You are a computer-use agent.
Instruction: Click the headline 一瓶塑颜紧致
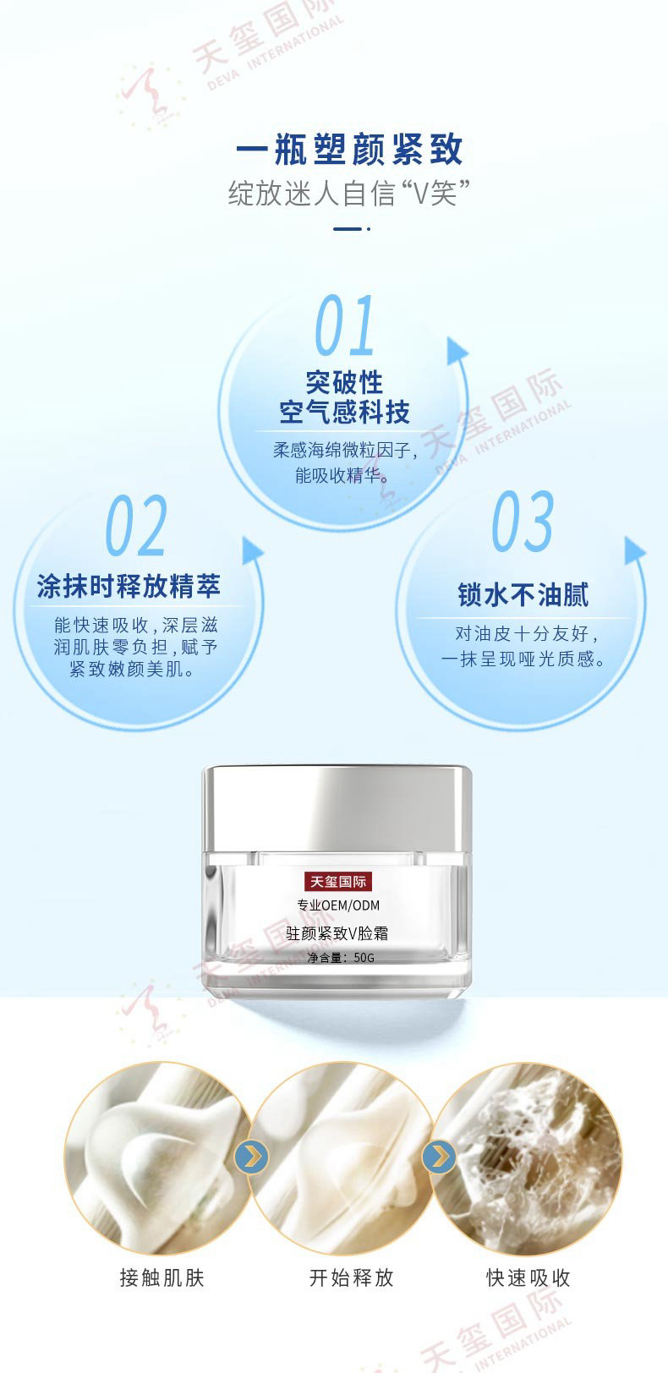pos(349,149)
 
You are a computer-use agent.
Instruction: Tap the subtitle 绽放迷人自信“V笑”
pos(349,194)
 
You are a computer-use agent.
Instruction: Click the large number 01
pos(344,325)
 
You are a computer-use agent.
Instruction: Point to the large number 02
pos(136,526)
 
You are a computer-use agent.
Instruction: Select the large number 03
pos(523,521)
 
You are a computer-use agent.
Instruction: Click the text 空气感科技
pos(344,412)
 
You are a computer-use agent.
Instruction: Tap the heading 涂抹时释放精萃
pos(129,586)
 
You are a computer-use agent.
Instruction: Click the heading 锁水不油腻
pos(523,595)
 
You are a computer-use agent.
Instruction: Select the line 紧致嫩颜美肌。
pos(132,669)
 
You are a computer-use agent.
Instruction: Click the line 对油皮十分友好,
pos(527,633)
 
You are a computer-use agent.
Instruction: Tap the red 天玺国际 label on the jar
pos(337,882)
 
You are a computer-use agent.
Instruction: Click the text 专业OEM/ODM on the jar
pos(338,905)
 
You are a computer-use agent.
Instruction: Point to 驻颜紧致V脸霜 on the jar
pos(337,933)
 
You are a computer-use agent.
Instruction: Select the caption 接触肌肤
pos(162,1278)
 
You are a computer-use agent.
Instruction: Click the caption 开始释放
pos(351,1278)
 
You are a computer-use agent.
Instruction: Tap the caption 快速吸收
pos(528,1278)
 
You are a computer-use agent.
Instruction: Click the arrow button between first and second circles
pos(251,1157)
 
